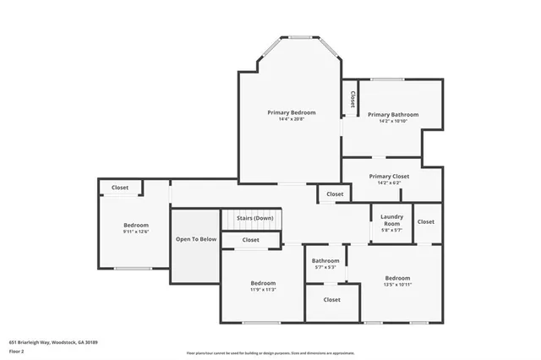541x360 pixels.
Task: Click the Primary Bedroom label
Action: (292, 112)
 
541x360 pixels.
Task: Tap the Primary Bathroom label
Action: (392, 114)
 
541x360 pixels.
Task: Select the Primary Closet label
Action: (389, 176)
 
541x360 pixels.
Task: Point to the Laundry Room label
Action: (391, 218)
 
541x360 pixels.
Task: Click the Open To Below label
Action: (196, 239)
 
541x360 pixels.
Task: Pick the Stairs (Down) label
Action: (254, 218)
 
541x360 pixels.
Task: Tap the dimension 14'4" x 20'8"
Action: (292, 119)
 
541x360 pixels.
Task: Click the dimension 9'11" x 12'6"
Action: (136, 232)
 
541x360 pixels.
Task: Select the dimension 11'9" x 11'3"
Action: (263, 289)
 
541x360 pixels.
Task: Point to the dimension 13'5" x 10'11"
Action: (397, 285)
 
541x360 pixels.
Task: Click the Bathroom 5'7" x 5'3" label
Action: (325, 261)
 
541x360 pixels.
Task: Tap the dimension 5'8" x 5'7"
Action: (391, 229)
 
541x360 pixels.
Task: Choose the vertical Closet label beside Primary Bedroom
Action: (351, 100)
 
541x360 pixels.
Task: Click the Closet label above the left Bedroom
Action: (120, 188)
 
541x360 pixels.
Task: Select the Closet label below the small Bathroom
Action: (331, 299)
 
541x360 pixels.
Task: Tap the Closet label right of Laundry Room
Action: (425, 221)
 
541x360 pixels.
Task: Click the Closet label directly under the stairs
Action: (251, 240)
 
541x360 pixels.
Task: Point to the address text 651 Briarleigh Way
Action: (54, 342)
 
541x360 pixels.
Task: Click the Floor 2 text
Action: (16, 350)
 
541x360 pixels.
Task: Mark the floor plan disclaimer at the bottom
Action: (270, 353)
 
